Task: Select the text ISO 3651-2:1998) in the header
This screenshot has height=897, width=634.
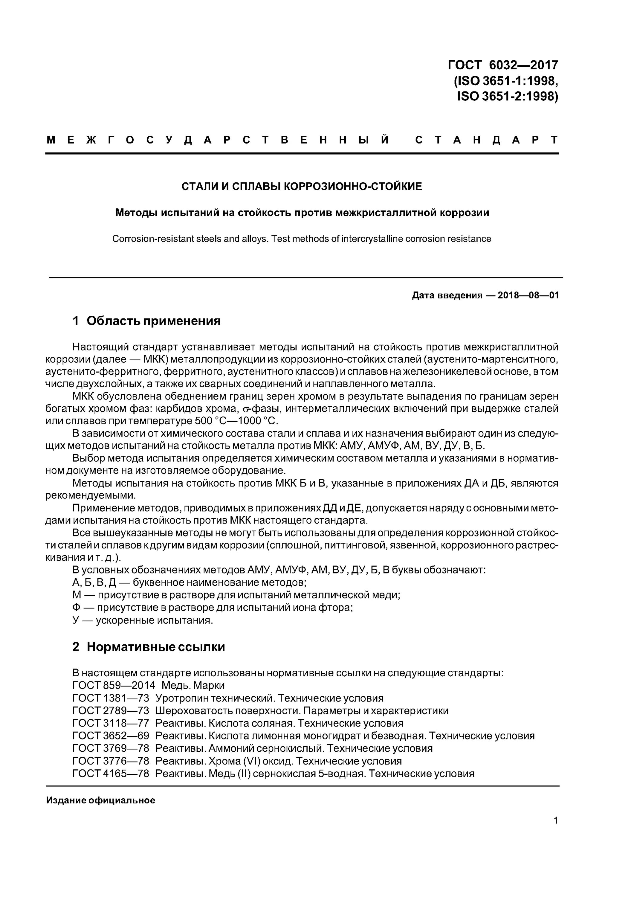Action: [508, 96]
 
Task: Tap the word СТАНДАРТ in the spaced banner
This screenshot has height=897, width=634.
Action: [486, 140]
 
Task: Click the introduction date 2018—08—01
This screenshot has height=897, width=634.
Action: [528, 295]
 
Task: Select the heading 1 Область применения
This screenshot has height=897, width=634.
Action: [146, 321]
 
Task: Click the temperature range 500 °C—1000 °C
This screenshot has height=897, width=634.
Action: [236, 421]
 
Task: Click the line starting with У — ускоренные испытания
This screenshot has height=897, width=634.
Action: [143, 620]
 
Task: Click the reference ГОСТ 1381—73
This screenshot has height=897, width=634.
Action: [111, 698]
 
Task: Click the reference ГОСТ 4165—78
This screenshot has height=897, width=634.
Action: [111, 774]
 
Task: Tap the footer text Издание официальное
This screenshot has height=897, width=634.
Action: [100, 800]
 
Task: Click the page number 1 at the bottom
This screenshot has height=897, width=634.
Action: [555, 820]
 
